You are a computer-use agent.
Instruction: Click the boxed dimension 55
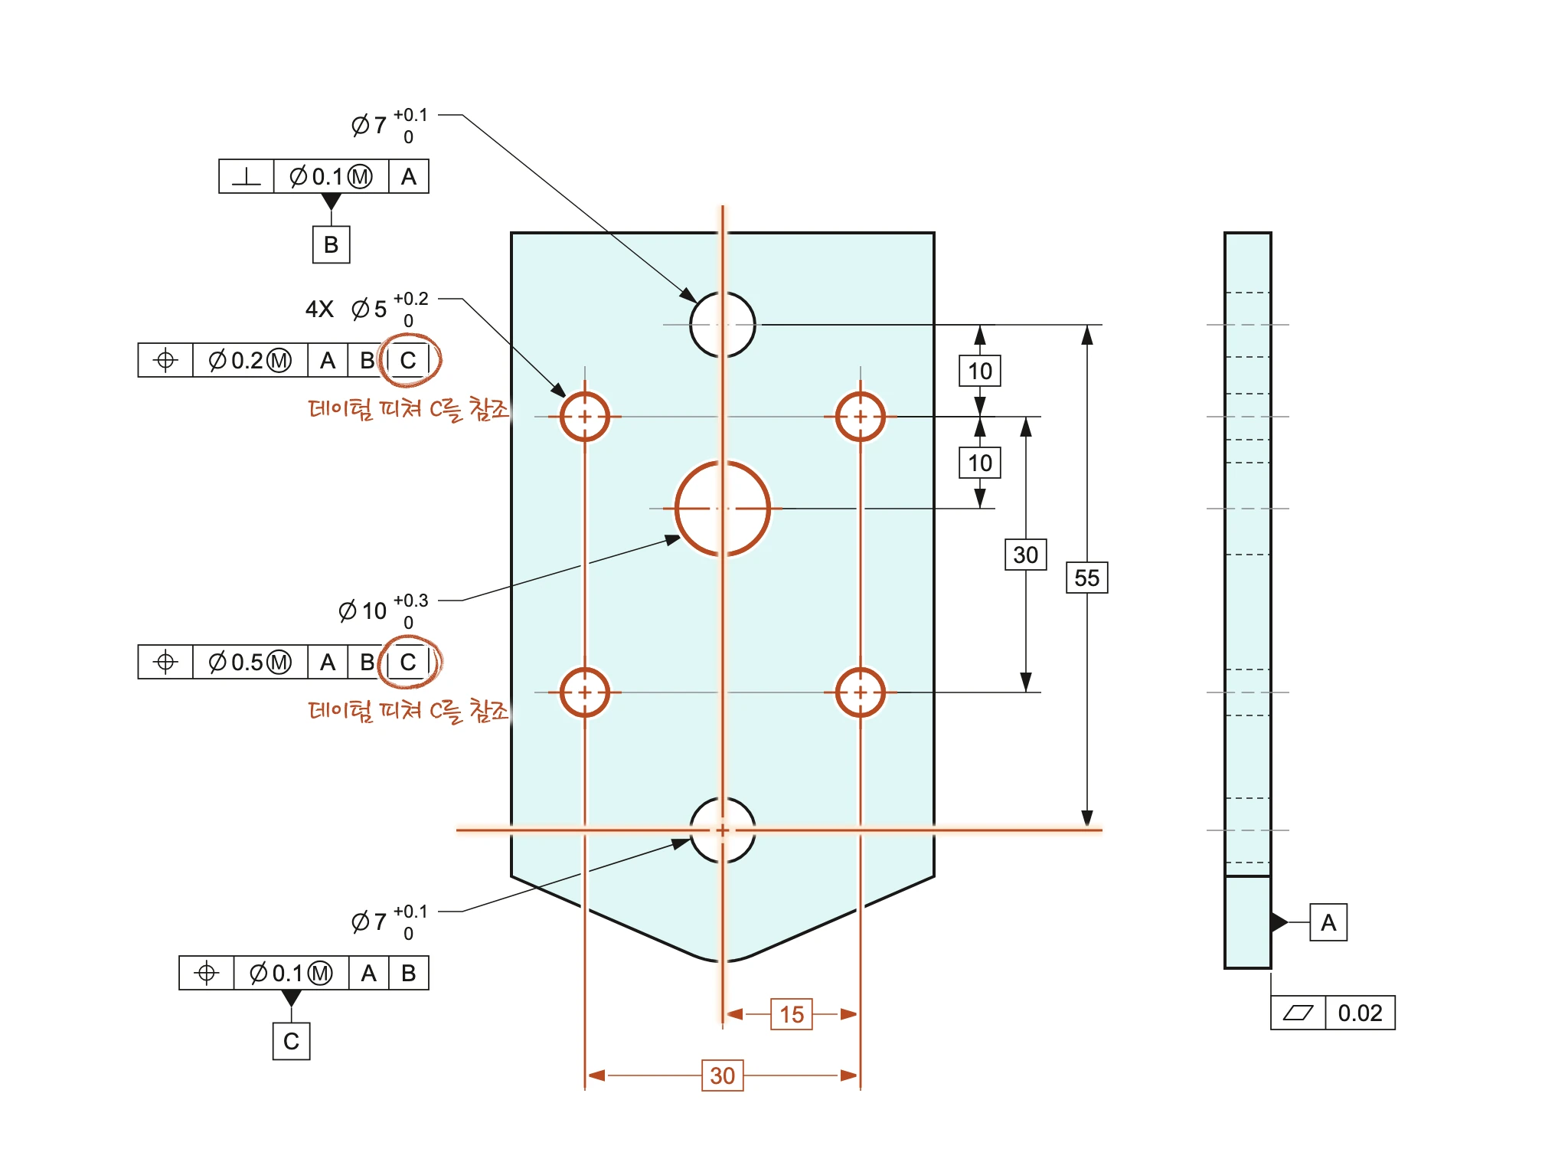pos(1086,578)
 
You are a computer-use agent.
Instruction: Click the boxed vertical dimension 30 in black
pos(1025,555)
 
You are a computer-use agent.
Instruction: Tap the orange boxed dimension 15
pos(791,1014)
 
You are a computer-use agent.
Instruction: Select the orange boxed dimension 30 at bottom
pos(722,1075)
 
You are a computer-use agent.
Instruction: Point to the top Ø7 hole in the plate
pos(722,293)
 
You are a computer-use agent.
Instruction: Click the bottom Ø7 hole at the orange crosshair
pos(722,799)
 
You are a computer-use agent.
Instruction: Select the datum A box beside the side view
pos(1328,922)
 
